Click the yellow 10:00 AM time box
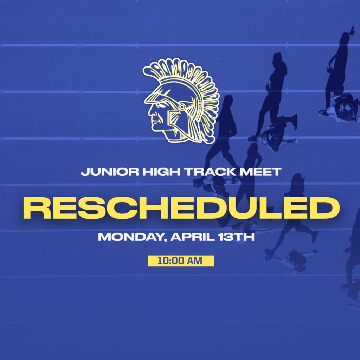(181, 261)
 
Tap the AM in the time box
(196, 261)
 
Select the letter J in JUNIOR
(84, 172)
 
